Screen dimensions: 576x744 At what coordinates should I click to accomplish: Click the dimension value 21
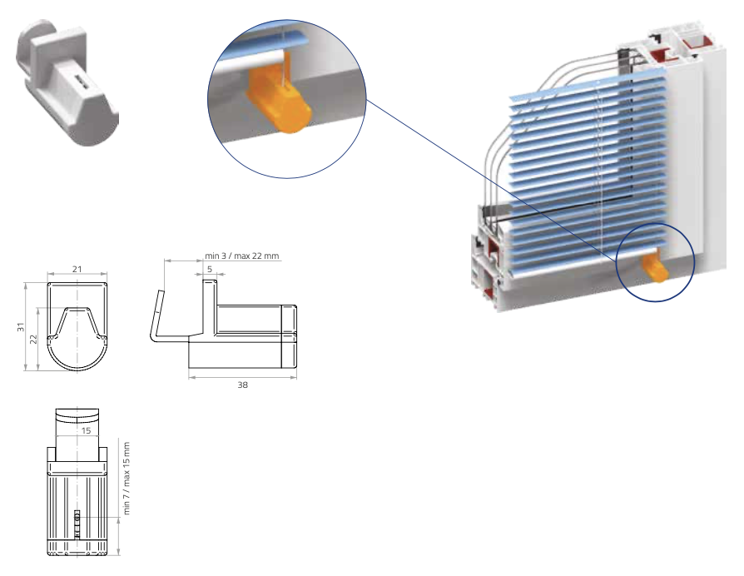pos(77,269)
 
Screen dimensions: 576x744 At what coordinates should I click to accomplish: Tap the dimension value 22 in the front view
pos(33,339)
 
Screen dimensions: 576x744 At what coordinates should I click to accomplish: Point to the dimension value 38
pos(242,385)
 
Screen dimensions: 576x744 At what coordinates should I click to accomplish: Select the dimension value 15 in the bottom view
pos(86,430)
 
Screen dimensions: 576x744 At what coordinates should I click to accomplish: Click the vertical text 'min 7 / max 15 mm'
pos(126,479)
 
